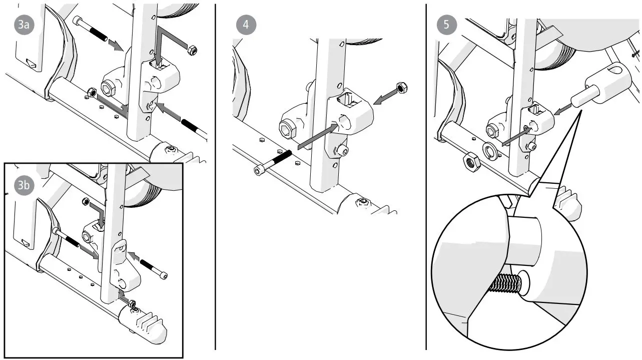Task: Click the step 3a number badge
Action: pyautogui.click(x=23, y=27)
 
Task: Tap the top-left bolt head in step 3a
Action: pyautogui.click(x=78, y=21)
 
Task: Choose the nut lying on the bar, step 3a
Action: pyautogui.click(x=92, y=92)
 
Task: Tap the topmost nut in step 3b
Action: pyautogui.click(x=85, y=202)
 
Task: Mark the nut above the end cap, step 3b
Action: pyautogui.click(x=132, y=303)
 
